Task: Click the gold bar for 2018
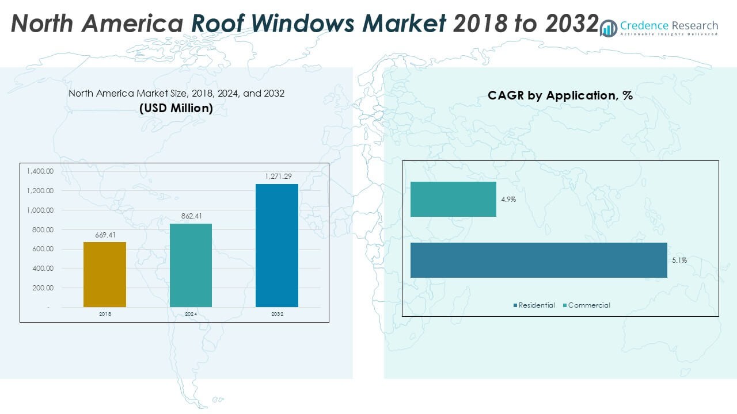[x=105, y=274]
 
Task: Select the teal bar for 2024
[x=191, y=265]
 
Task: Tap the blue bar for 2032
[x=277, y=246]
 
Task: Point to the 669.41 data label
[x=105, y=235]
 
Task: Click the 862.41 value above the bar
[x=191, y=217]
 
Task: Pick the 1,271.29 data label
[x=277, y=177]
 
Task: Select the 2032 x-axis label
[x=277, y=315]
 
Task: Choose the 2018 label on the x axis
[x=105, y=315]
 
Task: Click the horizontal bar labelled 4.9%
[x=453, y=200]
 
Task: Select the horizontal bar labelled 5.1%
[x=538, y=260]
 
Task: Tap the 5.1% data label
[x=679, y=260]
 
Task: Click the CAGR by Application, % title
[x=560, y=96]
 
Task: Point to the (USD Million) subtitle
[x=176, y=108]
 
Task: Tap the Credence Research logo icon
[x=608, y=28]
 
